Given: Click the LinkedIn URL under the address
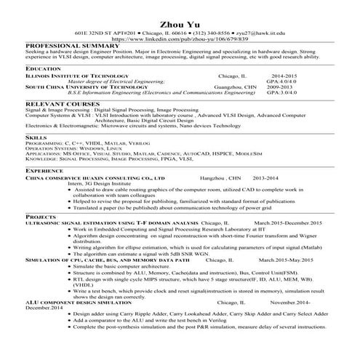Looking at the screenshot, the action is [x=180, y=40].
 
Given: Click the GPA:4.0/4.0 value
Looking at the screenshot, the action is [x=281, y=81].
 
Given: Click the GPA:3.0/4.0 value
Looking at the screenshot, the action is [x=281, y=93].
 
